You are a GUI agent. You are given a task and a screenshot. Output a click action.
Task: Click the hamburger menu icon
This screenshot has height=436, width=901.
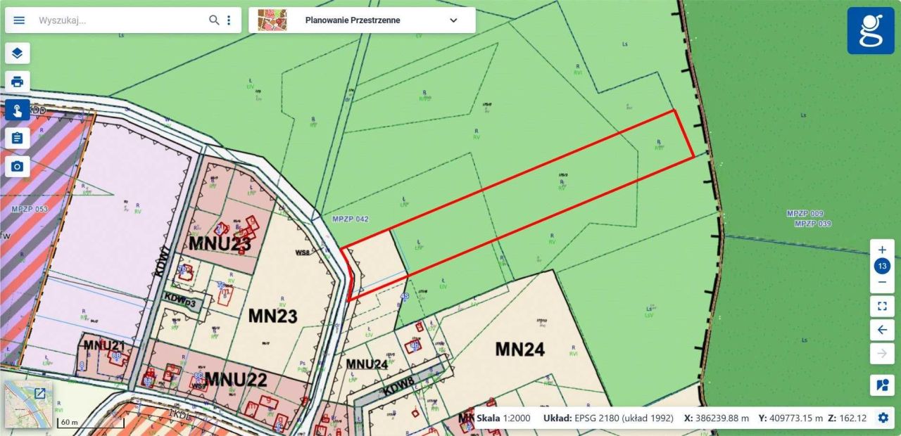point(19,20)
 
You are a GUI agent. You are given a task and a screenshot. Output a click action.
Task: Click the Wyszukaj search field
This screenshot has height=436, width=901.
point(120,20)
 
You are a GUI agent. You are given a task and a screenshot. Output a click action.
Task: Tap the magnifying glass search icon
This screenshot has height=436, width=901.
point(214,20)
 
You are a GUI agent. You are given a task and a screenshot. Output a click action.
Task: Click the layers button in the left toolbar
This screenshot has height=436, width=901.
point(18,53)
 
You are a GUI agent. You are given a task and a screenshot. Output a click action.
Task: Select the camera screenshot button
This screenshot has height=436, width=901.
point(18,167)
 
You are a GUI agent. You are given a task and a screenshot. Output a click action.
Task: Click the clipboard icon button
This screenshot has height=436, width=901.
point(18,138)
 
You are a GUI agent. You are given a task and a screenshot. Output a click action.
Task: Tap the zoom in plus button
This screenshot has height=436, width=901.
point(882,250)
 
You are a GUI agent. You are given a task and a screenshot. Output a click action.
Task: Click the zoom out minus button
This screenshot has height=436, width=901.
point(882,282)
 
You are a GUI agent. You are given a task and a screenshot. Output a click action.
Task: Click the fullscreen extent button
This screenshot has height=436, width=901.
point(882,306)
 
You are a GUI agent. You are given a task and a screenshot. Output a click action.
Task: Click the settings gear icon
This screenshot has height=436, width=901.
point(883,418)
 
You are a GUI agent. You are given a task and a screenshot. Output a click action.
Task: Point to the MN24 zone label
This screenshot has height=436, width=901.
point(519,349)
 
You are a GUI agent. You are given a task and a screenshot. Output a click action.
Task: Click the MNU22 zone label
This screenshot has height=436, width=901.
point(236,380)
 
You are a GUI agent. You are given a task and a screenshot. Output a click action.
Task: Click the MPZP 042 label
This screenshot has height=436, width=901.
point(350,219)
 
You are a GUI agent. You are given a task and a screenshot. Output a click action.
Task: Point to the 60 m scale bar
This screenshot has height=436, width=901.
point(90,423)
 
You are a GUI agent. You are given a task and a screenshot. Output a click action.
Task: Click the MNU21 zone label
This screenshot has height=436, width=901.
point(104,345)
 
